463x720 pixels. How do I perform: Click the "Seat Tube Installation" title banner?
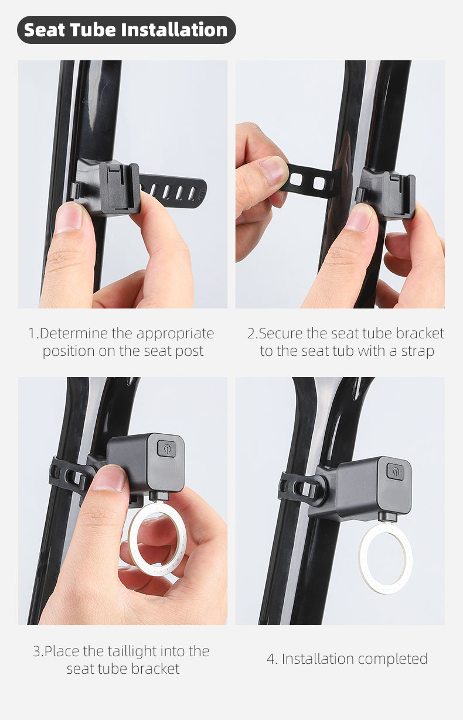(x=126, y=30)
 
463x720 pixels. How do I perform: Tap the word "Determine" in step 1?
(x=74, y=333)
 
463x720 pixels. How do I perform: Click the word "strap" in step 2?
(x=418, y=351)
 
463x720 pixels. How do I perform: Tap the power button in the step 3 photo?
(x=167, y=448)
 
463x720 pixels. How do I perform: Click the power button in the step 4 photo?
(x=395, y=471)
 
